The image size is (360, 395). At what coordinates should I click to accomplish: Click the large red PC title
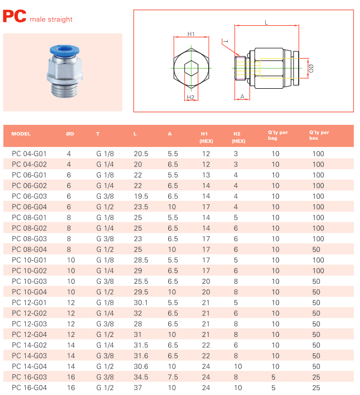pyautogui.click(x=14, y=16)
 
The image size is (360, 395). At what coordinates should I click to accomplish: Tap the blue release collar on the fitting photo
pyautogui.click(x=65, y=50)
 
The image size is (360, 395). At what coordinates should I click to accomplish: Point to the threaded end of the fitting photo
pyautogui.click(x=64, y=89)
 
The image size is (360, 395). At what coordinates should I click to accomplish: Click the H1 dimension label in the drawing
pyautogui.click(x=191, y=34)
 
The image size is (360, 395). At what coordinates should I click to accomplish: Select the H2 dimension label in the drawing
pyautogui.click(x=191, y=97)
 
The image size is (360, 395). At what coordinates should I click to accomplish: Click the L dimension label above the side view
pyautogui.click(x=266, y=22)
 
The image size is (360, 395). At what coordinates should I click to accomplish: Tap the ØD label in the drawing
pyautogui.click(x=311, y=68)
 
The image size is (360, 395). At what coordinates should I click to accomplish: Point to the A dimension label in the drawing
pyautogui.click(x=242, y=96)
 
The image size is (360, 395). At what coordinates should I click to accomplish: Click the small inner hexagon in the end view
pyautogui.click(x=191, y=68)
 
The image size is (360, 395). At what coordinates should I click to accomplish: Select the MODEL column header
pyautogui.click(x=21, y=134)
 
